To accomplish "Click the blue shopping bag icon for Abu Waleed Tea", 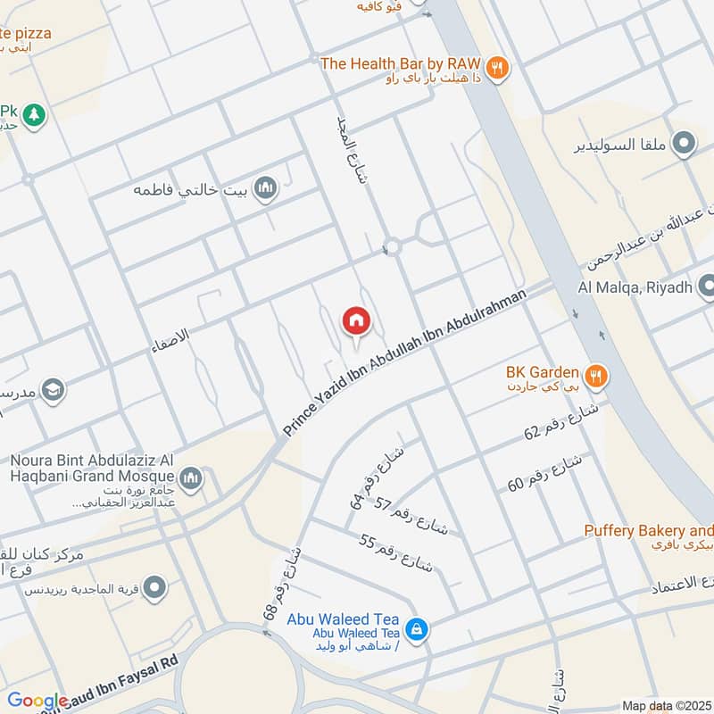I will point(415,630).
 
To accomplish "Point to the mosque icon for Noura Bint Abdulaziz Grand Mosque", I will point(190,481).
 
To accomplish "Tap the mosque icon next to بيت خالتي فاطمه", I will point(265,188).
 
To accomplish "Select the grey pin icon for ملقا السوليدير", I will point(684,143).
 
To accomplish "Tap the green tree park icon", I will point(34,115).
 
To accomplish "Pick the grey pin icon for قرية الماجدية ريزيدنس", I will point(154,587).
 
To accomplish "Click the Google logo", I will point(37,702).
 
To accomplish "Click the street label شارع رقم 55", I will point(396,553).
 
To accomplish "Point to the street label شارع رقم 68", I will point(282,585).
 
